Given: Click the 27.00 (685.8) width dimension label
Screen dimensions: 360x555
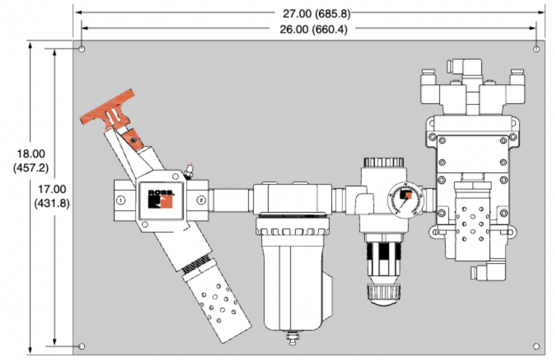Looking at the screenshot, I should pyautogui.click(x=309, y=11).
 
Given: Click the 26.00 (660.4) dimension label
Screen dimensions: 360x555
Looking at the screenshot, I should pyautogui.click(x=309, y=28).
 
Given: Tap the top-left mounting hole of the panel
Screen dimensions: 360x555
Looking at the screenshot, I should pyautogui.click(x=82, y=48).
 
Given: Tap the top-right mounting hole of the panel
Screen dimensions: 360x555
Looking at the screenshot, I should pyautogui.click(x=535, y=48).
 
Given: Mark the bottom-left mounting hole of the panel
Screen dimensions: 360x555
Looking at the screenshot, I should pyautogui.click(x=82, y=346).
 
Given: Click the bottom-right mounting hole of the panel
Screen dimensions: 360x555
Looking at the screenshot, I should pyautogui.click(x=535, y=346).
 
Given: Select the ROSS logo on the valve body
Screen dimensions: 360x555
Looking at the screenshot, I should pyautogui.click(x=160, y=198).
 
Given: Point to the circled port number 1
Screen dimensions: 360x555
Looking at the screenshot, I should pyautogui.click(x=121, y=200).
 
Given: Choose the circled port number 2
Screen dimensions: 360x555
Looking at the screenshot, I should pyautogui.click(x=201, y=200).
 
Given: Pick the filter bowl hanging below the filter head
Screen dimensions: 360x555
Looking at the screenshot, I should pyautogui.click(x=291, y=277).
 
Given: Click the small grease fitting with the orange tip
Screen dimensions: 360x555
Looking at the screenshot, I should pyautogui.click(x=189, y=170).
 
